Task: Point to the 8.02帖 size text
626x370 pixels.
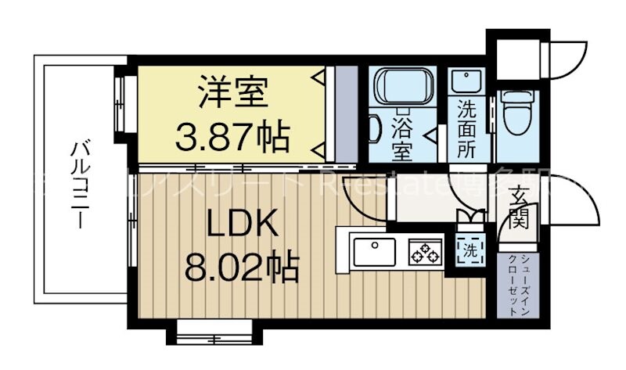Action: coord(241,268)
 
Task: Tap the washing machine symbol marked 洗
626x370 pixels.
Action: coord(469,250)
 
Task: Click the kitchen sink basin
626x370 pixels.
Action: coord(374,252)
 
